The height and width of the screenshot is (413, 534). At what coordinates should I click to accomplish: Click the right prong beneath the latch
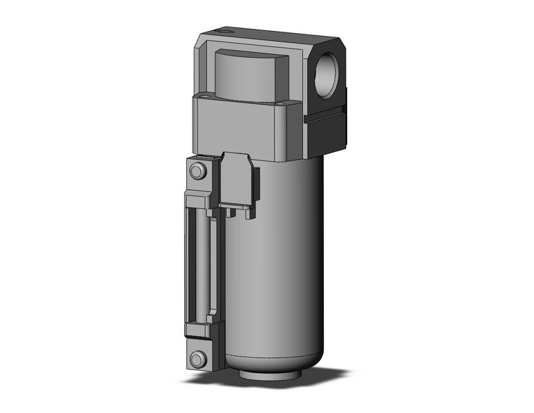247,213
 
